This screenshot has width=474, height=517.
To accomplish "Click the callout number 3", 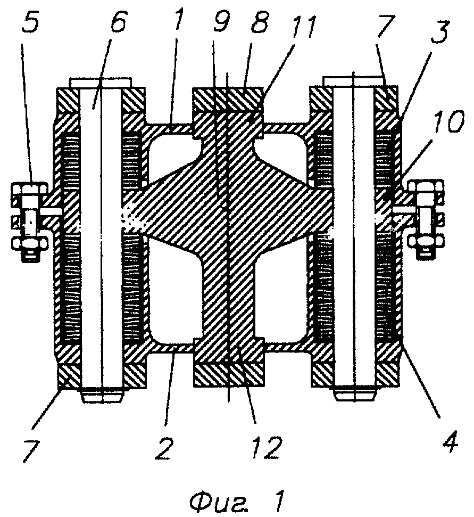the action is click(x=440, y=32).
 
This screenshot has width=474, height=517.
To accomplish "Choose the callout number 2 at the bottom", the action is click(x=164, y=448).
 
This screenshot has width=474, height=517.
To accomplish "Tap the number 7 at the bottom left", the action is click(x=31, y=450).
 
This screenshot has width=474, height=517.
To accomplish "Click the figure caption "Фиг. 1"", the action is click(x=236, y=501).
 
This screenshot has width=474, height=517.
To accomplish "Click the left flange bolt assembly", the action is click(x=30, y=221).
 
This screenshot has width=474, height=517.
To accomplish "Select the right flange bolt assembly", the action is click(x=426, y=219).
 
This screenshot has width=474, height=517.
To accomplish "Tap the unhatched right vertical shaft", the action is click(x=354, y=238).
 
